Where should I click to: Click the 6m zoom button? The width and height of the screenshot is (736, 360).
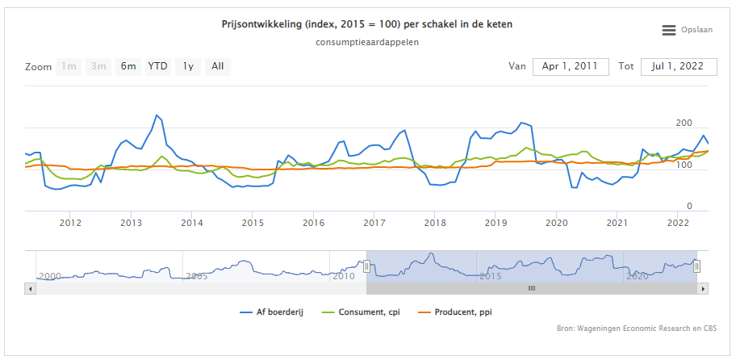128,66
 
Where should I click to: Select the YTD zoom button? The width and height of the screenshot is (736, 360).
157,66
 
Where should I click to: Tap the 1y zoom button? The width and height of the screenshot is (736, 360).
188,66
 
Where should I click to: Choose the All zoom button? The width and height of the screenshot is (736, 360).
218,66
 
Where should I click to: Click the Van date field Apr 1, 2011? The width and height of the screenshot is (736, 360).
570,66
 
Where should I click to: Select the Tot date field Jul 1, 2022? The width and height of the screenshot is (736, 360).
679,66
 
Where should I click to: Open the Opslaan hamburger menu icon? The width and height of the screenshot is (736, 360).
668,30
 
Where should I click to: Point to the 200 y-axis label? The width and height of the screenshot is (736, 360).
684,123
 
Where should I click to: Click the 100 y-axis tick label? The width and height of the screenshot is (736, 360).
684,165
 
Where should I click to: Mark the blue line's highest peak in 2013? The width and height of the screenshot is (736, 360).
157,115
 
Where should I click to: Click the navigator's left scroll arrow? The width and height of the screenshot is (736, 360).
30,287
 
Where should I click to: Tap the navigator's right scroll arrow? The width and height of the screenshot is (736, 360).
703,287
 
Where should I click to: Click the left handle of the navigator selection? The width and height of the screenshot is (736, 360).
366,266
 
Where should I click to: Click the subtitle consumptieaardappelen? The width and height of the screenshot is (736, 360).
367,42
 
